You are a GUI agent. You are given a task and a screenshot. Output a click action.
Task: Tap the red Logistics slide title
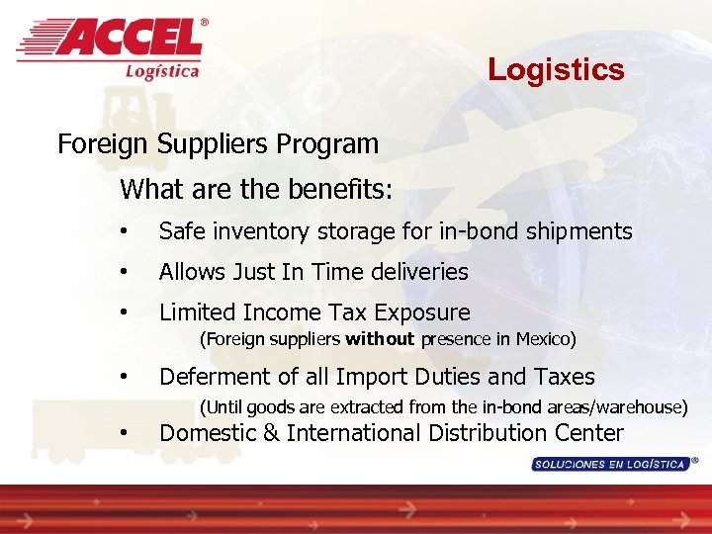click(x=556, y=70)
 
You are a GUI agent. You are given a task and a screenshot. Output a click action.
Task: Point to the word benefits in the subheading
click(x=341, y=189)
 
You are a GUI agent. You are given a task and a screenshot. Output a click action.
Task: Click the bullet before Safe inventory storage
click(x=124, y=232)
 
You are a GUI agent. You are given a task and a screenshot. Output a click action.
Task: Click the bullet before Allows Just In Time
click(x=124, y=272)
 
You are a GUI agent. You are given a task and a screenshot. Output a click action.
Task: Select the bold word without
click(x=381, y=340)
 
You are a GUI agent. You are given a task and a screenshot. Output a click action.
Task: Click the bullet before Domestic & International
click(x=124, y=434)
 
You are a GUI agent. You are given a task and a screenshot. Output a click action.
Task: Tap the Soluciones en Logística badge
click(x=610, y=464)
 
